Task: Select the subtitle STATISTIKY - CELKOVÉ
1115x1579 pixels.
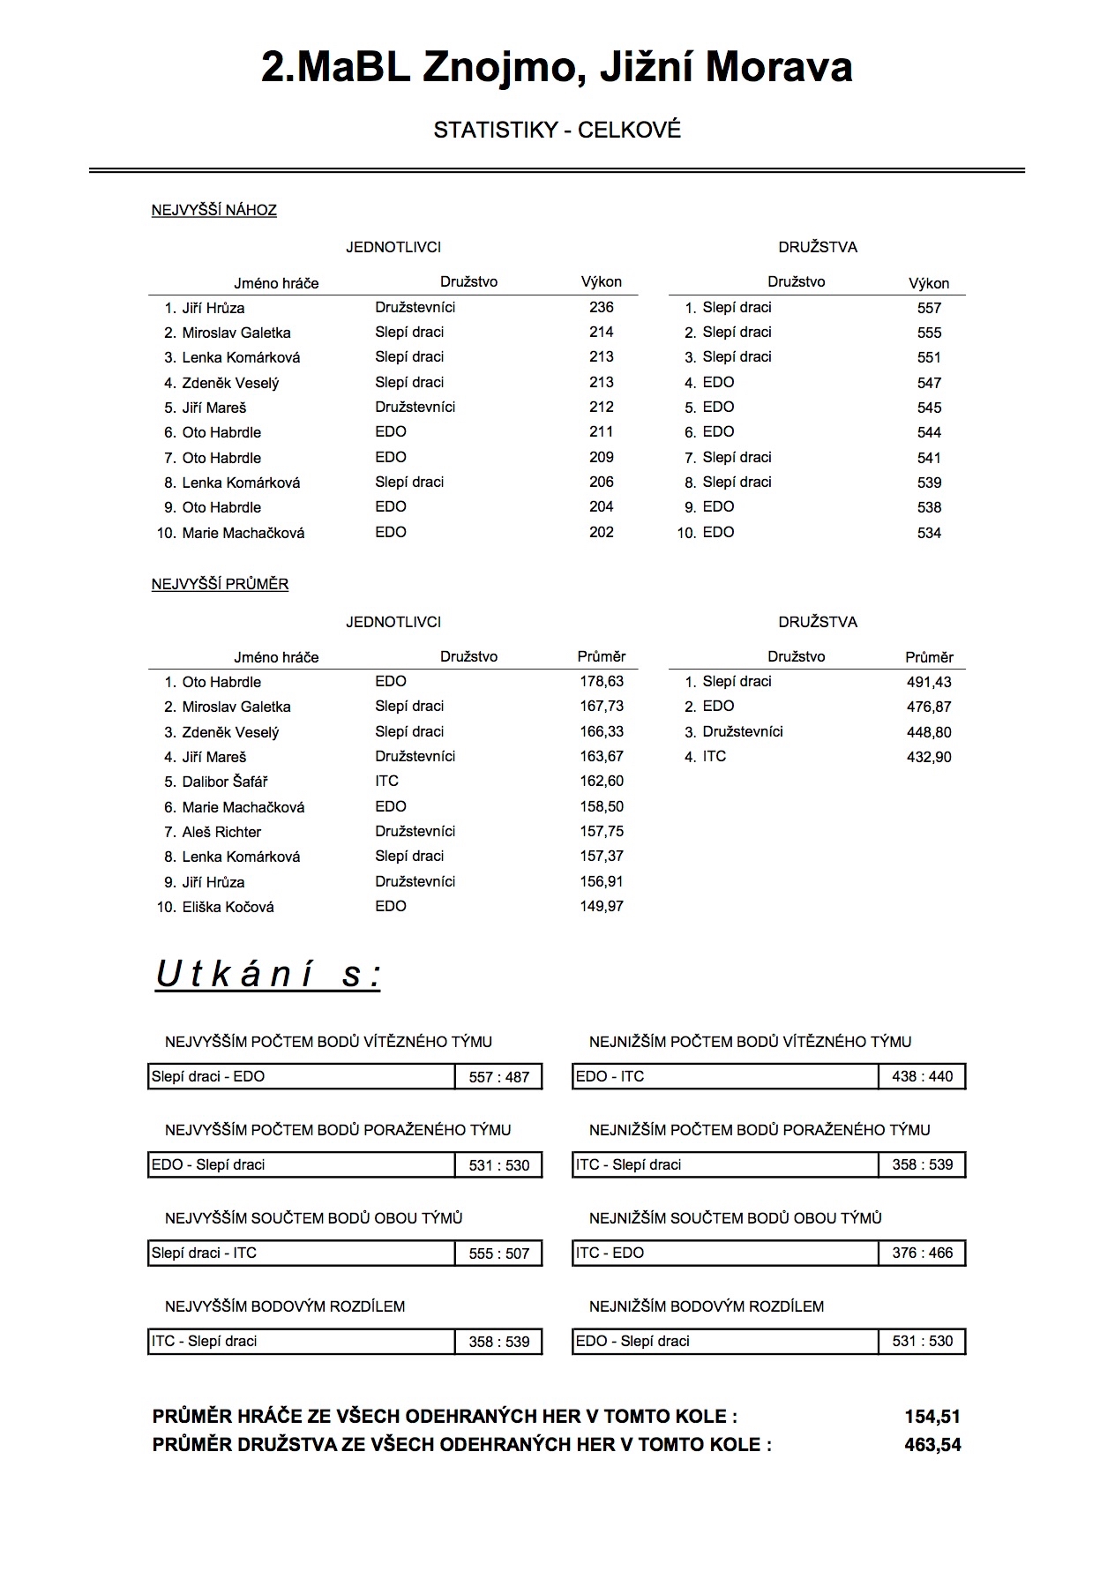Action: point(557,131)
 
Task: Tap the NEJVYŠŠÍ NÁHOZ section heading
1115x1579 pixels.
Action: point(213,210)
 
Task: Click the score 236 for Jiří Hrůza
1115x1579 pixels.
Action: point(601,307)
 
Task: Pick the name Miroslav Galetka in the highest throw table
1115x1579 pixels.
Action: point(236,333)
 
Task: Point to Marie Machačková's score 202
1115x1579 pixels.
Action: point(601,532)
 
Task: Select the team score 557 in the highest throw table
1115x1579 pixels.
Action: point(929,308)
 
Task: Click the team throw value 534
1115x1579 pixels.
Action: point(929,533)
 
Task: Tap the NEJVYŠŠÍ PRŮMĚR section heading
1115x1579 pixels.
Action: point(220,584)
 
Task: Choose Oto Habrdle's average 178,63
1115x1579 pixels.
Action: point(601,681)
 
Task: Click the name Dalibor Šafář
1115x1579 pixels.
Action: point(224,782)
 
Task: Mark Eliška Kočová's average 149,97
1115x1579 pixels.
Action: point(601,906)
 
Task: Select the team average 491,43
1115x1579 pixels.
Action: point(929,682)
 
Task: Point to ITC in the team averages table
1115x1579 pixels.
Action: point(714,756)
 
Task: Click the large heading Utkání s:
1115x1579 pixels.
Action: point(268,975)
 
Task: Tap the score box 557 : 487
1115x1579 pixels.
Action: point(498,1077)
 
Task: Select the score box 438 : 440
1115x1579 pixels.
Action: point(922,1076)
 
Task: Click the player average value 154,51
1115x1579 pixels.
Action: point(932,1417)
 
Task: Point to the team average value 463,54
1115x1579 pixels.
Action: point(932,1445)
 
